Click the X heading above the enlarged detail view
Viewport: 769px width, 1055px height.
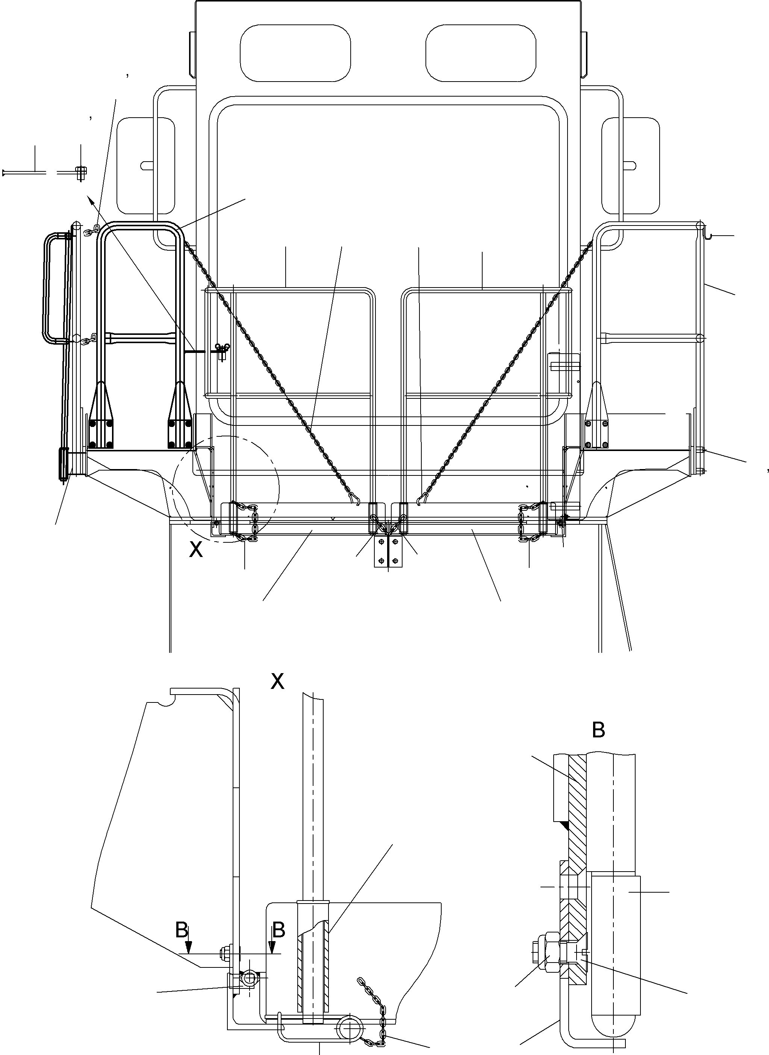tap(277, 682)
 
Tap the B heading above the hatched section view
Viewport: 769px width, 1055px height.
tap(598, 730)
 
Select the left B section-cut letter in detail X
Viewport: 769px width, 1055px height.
tap(182, 930)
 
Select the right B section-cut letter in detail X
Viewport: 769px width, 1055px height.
tap(279, 930)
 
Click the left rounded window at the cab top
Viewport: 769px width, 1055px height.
tap(295, 53)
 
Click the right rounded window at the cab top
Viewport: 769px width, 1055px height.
tap(480, 53)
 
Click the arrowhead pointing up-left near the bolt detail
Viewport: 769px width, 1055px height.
tap(90, 199)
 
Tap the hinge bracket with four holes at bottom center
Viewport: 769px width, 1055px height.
tap(388, 552)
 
